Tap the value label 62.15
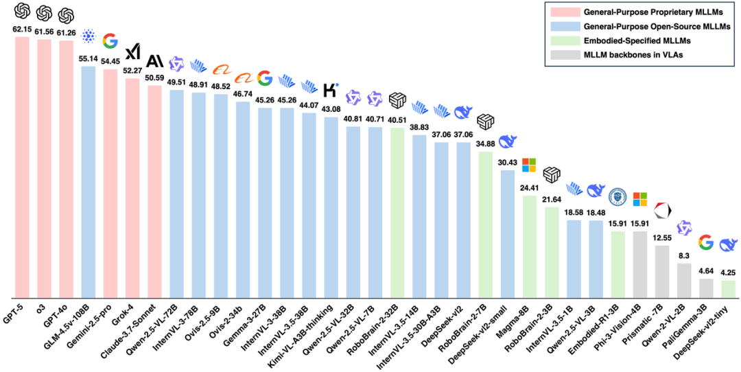(x=23, y=30)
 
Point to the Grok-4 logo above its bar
(x=132, y=51)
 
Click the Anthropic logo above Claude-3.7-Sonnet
(x=154, y=60)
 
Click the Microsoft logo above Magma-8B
(x=529, y=165)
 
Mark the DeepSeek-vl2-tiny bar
(x=727, y=289)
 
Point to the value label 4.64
(x=705, y=271)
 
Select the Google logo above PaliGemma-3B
(x=705, y=242)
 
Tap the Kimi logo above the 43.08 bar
(x=331, y=89)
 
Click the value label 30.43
(x=507, y=162)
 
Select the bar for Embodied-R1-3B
(x=617, y=264)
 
